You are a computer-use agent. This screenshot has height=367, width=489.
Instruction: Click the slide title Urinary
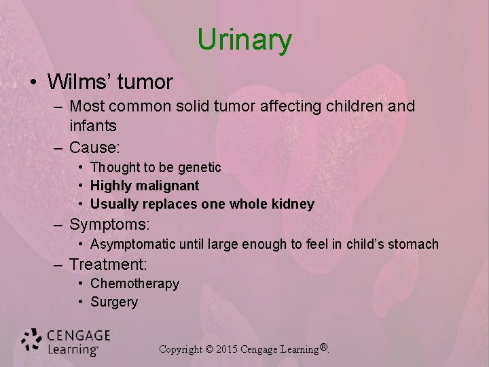[244, 40]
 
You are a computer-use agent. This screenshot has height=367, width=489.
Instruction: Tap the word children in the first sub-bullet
[359, 107]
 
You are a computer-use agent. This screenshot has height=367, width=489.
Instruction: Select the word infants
[93, 126]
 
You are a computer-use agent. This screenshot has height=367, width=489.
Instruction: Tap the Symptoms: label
[109, 224]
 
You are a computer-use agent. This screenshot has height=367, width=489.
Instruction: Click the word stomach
[413, 244]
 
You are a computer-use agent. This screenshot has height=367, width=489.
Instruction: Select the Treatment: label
[109, 264]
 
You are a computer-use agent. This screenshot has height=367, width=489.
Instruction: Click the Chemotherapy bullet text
[134, 283]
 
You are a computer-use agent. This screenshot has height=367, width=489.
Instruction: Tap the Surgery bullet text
[114, 302]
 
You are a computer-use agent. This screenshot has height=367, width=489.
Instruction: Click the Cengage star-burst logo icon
[31, 340]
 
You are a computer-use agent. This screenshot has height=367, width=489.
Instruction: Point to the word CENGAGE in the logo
[79, 335]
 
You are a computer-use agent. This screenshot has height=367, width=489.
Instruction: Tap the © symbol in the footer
[209, 349]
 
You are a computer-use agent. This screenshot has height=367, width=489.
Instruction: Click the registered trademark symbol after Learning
[324, 348]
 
